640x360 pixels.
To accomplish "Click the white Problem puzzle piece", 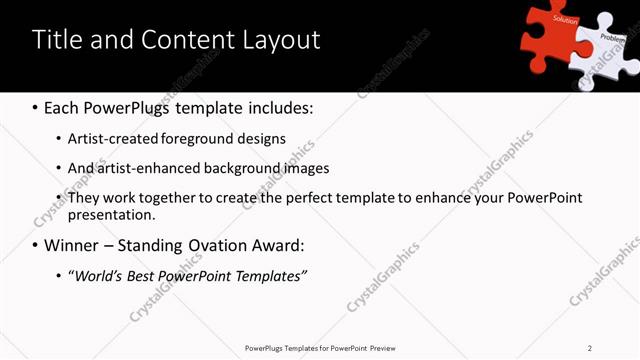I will [607, 48].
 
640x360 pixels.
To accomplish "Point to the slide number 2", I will [590, 348].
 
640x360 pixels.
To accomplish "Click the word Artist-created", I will [112, 139].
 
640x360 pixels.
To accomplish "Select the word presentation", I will [112, 215].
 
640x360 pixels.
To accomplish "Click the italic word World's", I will [98, 275].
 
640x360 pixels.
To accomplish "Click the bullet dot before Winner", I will [36, 245].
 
